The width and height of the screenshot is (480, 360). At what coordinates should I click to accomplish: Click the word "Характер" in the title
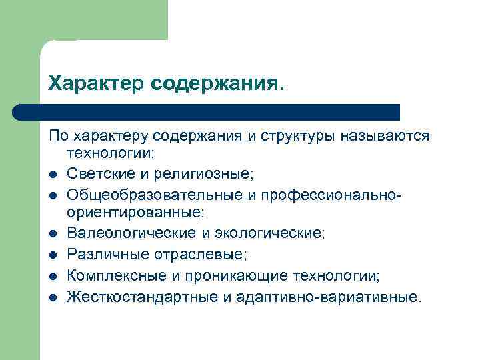[x=96, y=83]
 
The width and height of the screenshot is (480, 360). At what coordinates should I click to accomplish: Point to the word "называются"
[x=385, y=137]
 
